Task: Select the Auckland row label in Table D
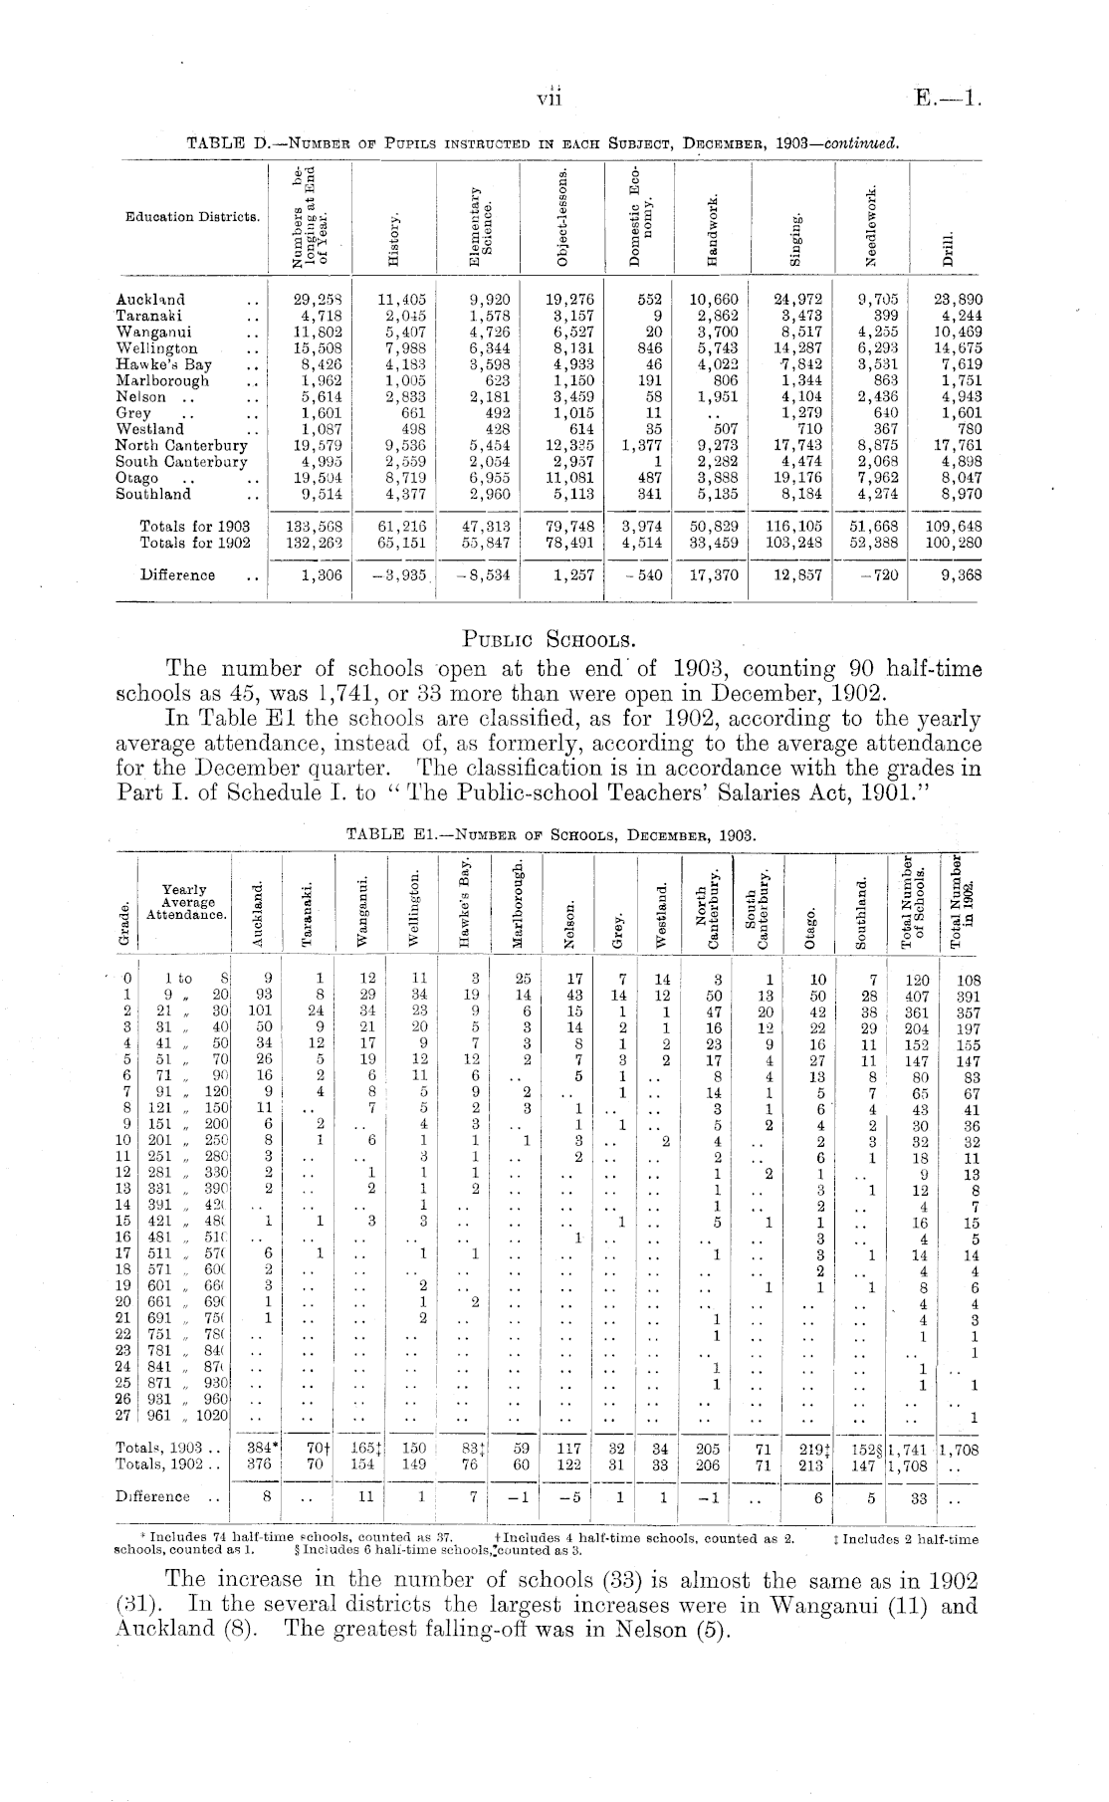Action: coord(150,299)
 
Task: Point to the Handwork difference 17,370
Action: coord(713,574)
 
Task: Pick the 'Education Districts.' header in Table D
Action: coord(187,216)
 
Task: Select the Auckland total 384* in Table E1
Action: coord(260,1451)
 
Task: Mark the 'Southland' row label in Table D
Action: coord(153,493)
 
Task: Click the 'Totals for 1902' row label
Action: coord(195,543)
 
